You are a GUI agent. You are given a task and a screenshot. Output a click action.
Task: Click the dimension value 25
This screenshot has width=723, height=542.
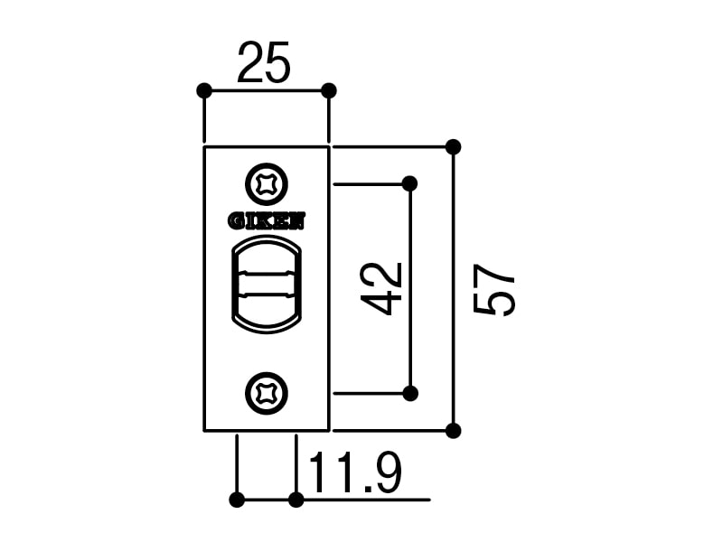(264, 62)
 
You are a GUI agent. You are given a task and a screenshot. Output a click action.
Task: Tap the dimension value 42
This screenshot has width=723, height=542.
(381, 289)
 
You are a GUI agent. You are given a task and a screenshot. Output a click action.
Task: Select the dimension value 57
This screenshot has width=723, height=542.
(493, 290)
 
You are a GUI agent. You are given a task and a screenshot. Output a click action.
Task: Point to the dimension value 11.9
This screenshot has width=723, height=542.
(355, 472)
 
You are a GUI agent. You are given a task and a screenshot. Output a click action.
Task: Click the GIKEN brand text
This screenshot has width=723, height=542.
(267, 221)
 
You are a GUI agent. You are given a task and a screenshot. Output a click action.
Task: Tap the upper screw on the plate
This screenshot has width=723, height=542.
(267, 185)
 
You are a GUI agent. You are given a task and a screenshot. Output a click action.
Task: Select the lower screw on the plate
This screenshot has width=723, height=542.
(267, 394)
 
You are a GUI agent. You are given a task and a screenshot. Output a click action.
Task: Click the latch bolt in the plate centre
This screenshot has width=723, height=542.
(267, 284)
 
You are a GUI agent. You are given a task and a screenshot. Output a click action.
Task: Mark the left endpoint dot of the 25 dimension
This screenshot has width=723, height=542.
(204, 91)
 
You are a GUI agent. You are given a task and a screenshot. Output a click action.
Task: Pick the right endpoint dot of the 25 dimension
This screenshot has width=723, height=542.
(328, 91)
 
